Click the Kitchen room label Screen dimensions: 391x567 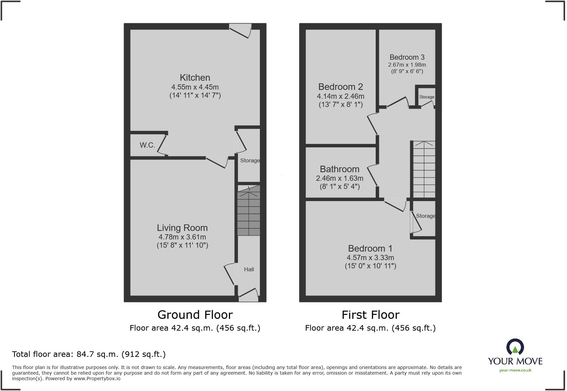click(x=195, y=78)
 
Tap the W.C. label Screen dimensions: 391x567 click(x=147, y=145)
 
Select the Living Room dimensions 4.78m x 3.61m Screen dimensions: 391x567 click(x=182, y=237)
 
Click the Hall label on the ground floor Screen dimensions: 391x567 click(x=249, y=269)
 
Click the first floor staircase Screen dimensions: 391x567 click(x=424, y=169)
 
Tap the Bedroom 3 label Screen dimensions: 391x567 click(x=407, y=57)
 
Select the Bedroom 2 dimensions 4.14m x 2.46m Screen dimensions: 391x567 click(x=340, y=96)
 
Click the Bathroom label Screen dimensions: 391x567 click(x=339, y=169)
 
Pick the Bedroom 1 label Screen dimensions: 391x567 click(x=370, y=249)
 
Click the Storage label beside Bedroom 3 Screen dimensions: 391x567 click(x=427, y=97)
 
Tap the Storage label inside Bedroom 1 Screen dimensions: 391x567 click(x=426, y=216)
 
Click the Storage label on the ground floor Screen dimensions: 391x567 click(x=250, y=160)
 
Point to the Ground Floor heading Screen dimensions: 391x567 click(x=195, y=315)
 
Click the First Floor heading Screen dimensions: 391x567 click(x=370, y=315)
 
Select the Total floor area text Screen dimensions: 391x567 click(x=89, y=354)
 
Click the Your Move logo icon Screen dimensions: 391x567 click(x=515, y=347)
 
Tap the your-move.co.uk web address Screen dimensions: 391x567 click(x=515, y=370)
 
